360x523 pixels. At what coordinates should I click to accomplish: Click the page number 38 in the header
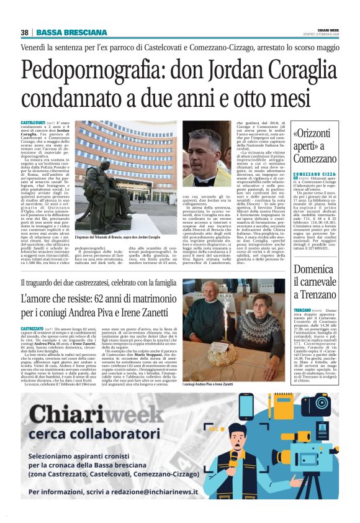pos(25,32)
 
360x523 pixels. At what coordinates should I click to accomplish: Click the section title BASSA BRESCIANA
pos(71,32)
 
